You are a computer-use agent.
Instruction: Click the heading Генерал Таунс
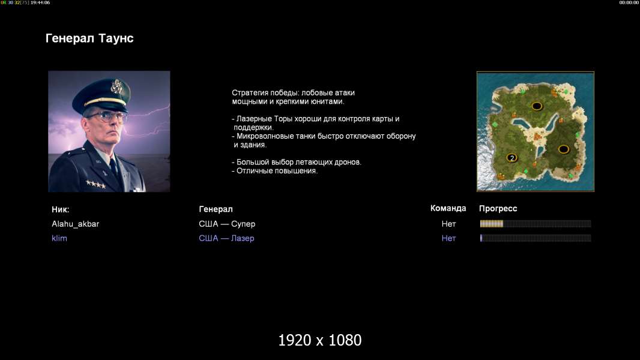(89, 38)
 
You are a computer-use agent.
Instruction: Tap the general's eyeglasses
(107, 116)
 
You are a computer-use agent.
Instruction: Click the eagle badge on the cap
(116, 86)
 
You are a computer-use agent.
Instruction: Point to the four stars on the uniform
(96, 184)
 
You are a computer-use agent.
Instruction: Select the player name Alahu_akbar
(76, 224)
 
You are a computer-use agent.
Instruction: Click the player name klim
(59, 238)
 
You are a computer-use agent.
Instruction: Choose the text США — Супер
(227, 224)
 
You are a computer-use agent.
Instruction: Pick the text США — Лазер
(226, 238)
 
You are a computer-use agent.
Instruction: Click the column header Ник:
(61, 209)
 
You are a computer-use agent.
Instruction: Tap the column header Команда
(448, 208)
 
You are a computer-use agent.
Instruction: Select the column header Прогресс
(498, 209)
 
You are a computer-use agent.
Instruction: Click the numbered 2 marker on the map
(512, 158)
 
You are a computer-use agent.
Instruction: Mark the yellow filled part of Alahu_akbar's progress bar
(492, 223)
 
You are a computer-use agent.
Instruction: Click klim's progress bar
(536, 238)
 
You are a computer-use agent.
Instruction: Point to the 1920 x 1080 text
(320, 340)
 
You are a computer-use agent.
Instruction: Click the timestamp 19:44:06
(40, 2)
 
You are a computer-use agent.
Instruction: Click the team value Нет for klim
(448, 238)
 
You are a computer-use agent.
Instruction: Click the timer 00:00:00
(629, 2)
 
